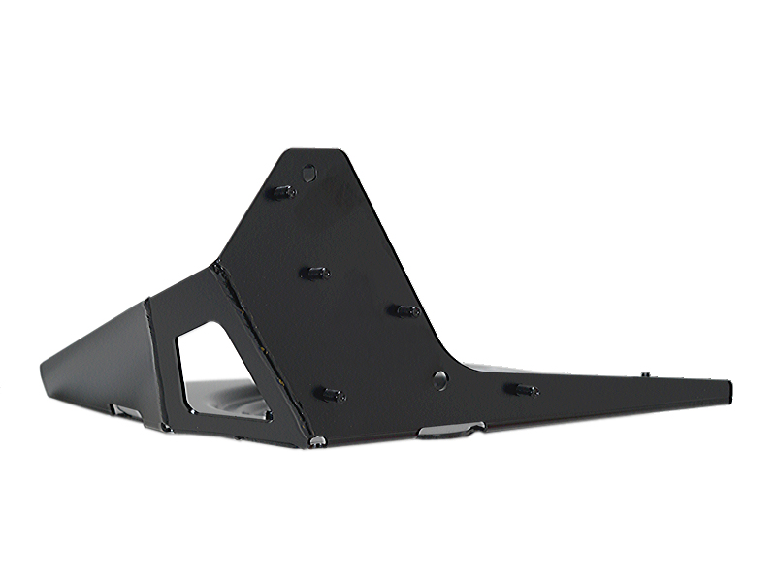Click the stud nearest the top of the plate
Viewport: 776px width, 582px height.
coord(281,191)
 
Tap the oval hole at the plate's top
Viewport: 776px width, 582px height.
coord(309,174)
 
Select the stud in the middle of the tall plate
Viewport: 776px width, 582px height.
coord(314,273)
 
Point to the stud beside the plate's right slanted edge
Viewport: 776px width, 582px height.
coord(405,310)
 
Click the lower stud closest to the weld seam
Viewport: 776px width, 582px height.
coord(332,394)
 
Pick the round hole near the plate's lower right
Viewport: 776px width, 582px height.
coord(440,379)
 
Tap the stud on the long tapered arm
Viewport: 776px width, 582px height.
coord(522,390)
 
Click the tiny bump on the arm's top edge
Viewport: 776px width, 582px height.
coord(644,372)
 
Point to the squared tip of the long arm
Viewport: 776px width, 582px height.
coord(728,390)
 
